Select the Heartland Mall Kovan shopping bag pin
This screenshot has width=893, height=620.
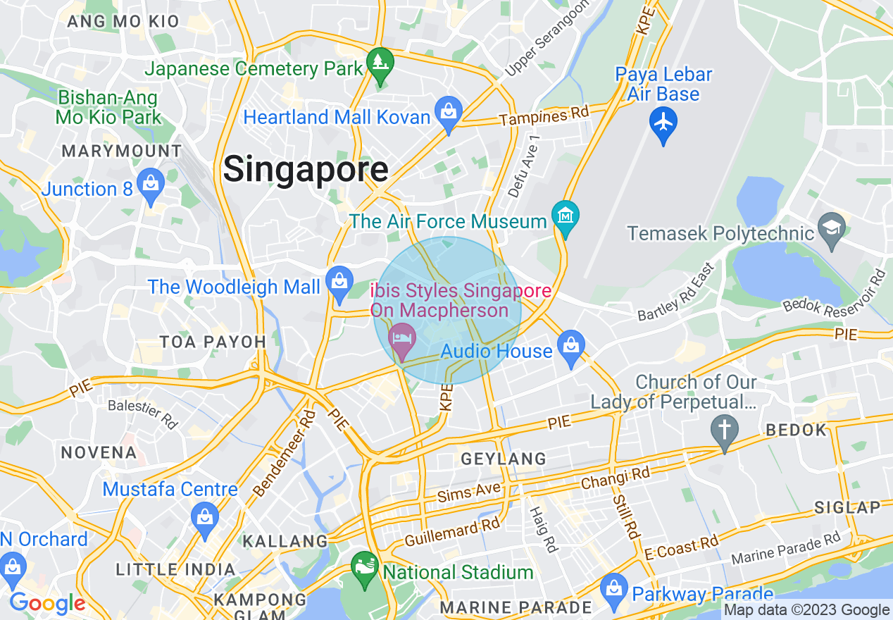pos(448,111)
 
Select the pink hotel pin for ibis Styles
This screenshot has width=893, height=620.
pos(401,340)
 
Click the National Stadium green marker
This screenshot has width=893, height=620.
pos(365,566)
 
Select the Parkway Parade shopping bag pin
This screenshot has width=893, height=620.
pos(614,588)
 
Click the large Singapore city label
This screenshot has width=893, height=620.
pos(305,170)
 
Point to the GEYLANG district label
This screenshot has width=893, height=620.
pos(504,459)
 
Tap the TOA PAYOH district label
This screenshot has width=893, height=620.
pos(213,342)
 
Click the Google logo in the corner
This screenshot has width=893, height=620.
pos(46,603)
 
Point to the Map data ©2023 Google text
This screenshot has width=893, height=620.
pos(806,610)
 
